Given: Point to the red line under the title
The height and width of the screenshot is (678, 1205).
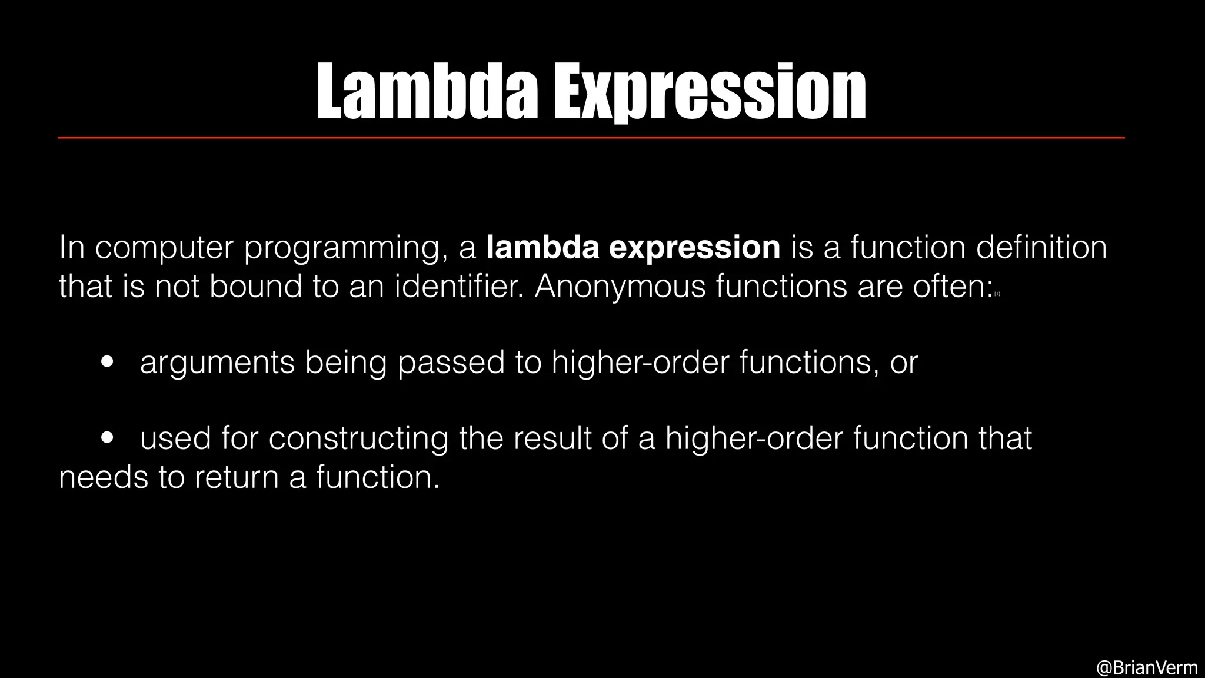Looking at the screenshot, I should [591, 138].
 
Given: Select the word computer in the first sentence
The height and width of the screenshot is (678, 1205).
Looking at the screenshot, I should [164, 248].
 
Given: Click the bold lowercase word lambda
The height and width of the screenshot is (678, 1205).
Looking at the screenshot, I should [542, 247].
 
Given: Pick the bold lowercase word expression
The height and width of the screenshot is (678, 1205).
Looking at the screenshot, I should [694, 248].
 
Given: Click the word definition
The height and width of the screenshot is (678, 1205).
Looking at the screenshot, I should [1041, 247].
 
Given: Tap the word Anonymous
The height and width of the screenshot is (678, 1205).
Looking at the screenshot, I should [619, 288].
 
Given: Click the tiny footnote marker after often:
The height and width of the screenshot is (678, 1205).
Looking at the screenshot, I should [997, 294].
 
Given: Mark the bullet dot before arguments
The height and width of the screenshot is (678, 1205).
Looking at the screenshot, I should [107, 363].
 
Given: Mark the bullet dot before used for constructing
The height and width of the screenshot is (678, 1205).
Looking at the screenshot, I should [107, 438].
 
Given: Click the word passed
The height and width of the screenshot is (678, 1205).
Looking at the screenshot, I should [451, 363].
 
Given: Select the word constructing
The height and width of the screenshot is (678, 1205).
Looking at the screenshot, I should [358, 439].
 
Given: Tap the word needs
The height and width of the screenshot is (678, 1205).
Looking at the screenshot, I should [104, 477].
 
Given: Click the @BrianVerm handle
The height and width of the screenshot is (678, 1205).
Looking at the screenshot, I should [1147, 667].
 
